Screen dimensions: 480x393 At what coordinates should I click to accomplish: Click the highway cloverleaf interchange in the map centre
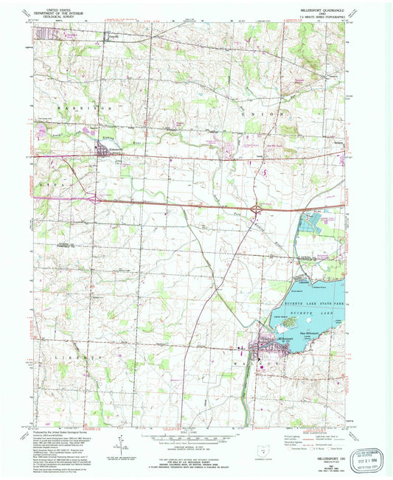(255, 211)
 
